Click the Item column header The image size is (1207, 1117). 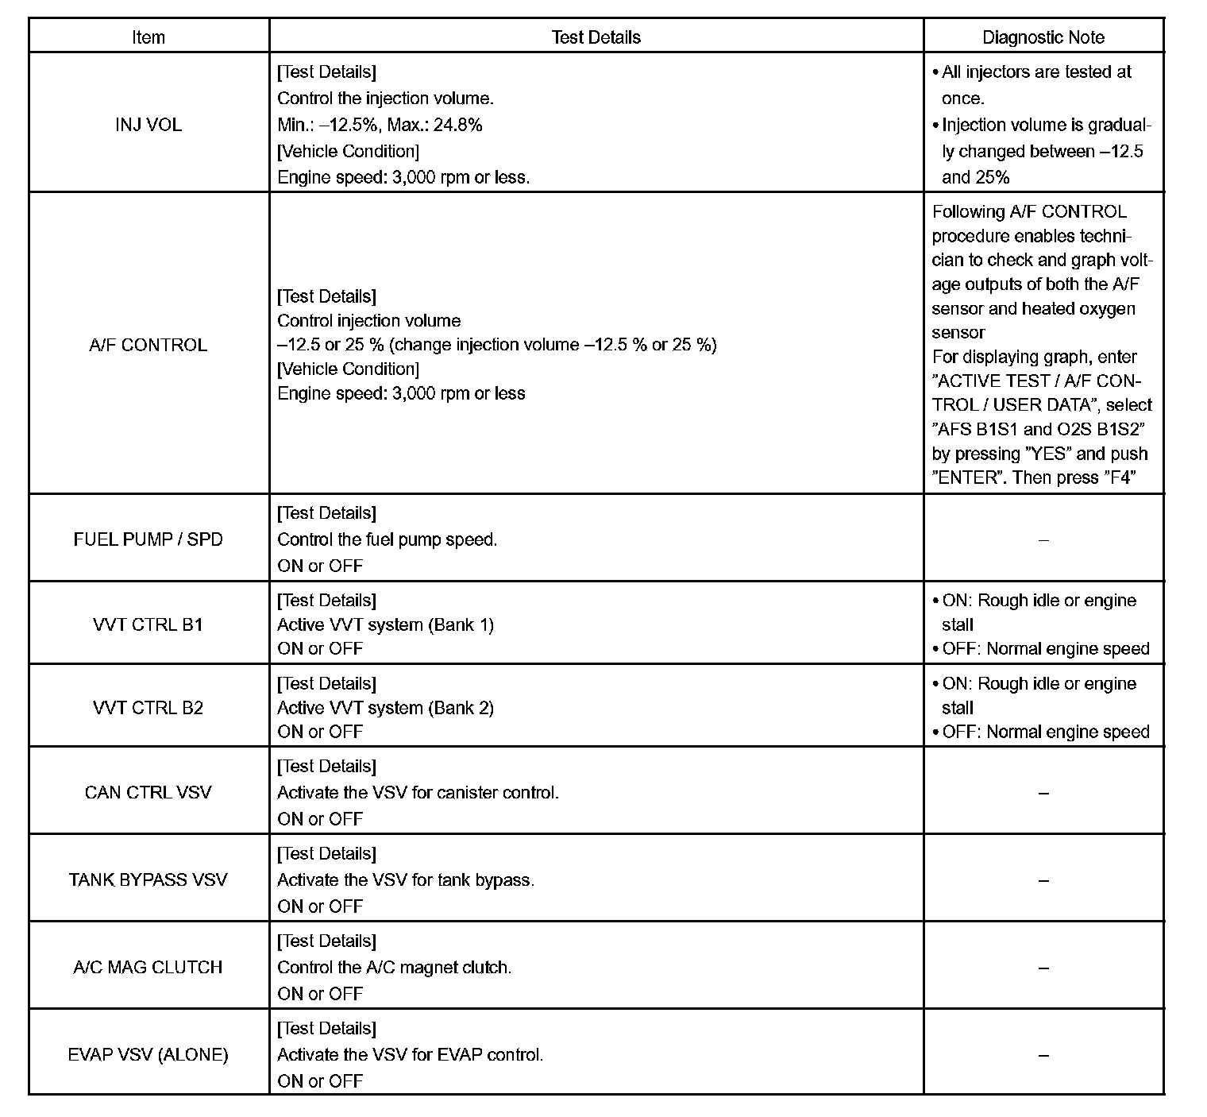coord(148,37)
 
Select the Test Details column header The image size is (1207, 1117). coord(596,37)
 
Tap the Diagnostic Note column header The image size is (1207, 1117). coord(1043,37)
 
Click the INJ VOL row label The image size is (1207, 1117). coord(148,125)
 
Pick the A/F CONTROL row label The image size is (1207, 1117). coord(148,345)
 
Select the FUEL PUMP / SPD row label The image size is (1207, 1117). coord(148,539)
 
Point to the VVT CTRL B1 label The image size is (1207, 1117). coord(148,624)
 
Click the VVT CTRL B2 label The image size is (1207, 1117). coord(148,708)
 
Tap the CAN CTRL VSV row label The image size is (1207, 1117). coord(148,792)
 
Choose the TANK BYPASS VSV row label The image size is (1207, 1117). coord(148,879)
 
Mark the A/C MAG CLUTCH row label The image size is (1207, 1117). coord(148,967)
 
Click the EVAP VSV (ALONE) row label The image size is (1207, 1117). coord(148,1054)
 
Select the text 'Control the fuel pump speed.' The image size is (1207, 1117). coord(387,539)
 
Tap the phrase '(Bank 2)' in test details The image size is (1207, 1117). coord(461,708)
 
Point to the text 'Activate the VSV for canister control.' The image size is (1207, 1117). coord(418,792)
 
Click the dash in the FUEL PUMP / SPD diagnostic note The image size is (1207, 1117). coord(1043,540)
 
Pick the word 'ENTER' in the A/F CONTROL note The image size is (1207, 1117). coord(967,478)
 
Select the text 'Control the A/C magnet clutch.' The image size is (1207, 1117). coord(394,967)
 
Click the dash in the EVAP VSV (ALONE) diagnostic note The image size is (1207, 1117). coord(1043,1055)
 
